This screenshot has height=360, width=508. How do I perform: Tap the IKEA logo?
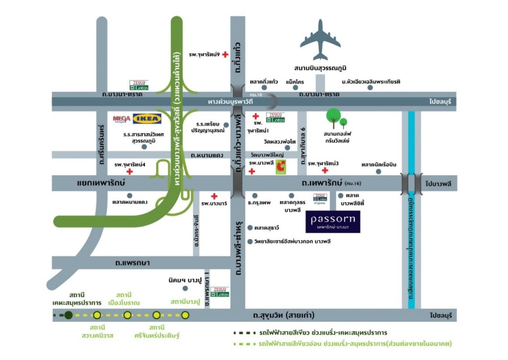147,119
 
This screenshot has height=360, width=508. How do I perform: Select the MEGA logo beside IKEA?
122,119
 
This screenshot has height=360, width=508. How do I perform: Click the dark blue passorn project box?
333,221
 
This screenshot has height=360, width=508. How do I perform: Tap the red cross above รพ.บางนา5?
214,196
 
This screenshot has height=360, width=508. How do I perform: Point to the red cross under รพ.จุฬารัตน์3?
325,171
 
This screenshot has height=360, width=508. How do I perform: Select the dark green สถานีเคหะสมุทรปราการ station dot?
68,315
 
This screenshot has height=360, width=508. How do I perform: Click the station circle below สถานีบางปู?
186,315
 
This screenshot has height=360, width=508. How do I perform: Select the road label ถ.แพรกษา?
132,262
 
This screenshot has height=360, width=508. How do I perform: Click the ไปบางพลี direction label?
440,183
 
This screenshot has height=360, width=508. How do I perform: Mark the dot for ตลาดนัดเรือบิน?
379,172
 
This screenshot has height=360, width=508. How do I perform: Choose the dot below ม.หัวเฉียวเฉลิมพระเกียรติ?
370,87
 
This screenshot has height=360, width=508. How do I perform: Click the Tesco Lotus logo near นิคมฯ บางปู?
220,292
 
